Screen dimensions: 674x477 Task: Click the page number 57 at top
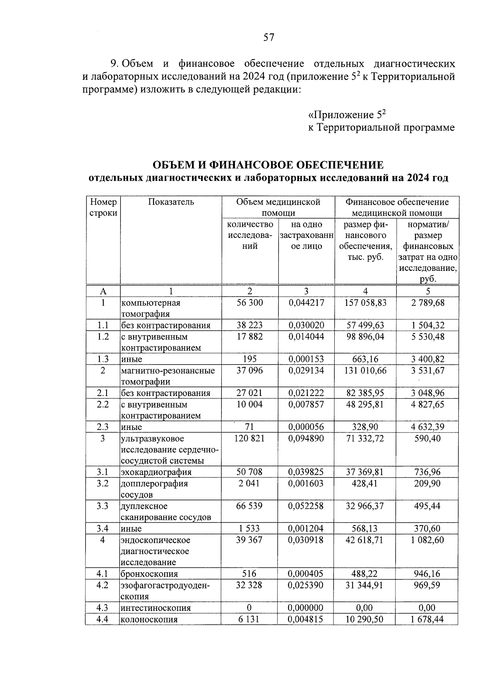click(269, 37)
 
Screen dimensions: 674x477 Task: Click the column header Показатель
click(171, 202)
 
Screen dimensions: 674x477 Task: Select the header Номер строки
click(103, 207)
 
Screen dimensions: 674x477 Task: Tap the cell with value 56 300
click(250, 303)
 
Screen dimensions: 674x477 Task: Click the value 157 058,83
click(365, 303)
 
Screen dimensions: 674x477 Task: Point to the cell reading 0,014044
click(306, 336)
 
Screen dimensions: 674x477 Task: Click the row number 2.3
click(103, 427)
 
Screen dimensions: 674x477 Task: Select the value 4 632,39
click(428, 427)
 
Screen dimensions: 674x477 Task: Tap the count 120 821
click(250, 438)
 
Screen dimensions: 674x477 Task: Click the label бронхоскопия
click(149, 574)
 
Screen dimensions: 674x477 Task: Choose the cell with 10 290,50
click(365, 619)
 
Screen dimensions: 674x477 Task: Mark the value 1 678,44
click(428, 619)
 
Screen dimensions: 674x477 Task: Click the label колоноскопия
click(149, 619)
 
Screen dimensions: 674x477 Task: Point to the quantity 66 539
click(250, 506)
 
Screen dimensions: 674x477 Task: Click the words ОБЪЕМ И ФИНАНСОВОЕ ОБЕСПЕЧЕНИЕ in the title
click(268, 165)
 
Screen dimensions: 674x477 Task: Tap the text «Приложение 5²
click(347, 115)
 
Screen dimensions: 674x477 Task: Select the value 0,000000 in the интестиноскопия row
click(306, 608)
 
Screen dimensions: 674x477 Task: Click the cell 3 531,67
click(428, 371)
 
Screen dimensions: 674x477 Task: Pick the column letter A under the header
click(103, 291)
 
